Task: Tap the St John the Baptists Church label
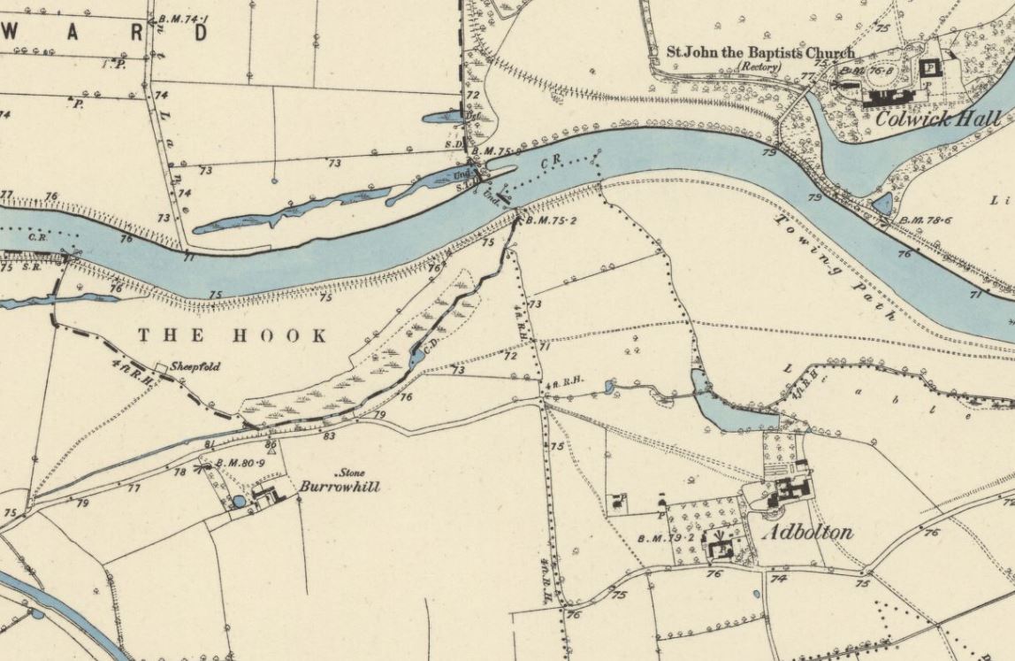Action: click(760, 53)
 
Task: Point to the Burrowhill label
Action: click(340, 486)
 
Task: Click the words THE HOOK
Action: click(233, 335)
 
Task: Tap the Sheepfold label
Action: click(195, 366)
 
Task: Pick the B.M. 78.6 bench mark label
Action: click(923, 220)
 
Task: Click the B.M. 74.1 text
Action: click(182, 19)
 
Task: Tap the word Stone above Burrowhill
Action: click(351, 473)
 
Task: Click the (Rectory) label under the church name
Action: click(760, 66)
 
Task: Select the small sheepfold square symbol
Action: click(161, 366)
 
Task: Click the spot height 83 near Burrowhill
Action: click(329, 435)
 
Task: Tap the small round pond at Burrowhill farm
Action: click(239, 502)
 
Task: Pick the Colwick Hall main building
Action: click(932, 66)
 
